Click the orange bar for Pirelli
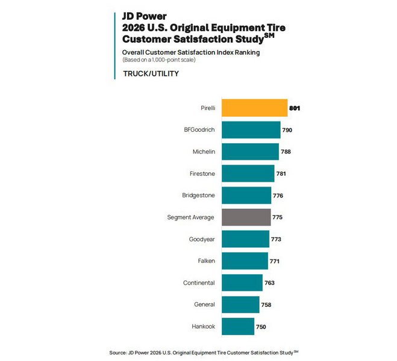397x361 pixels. pyautogui.click(x=254, y=108)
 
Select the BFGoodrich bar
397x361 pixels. pyautogui.click(x=251, y=130)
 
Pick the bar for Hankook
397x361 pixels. pyautogui.click(x=238, y=327)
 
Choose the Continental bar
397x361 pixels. pyautogui.click(x=242, y=283)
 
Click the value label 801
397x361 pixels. pyautogui.click(x=294, y=108)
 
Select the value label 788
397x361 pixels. pyautogui.click(x=286, y=152)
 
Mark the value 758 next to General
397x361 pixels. pyautogui.click(x=266, y=305)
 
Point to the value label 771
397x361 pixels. pyautogui.click(x=275, y=261)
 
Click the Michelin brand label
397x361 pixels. pyautogui.click(x=203, y=152)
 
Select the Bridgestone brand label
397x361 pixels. pyautogui.click(x=198, y=196)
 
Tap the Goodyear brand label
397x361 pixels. pyautogui.click(x=202, y=239)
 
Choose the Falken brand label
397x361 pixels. pyautogui.click(x=205, y=261)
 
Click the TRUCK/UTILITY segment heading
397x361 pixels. pyautogui.click(x=151, y=73)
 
